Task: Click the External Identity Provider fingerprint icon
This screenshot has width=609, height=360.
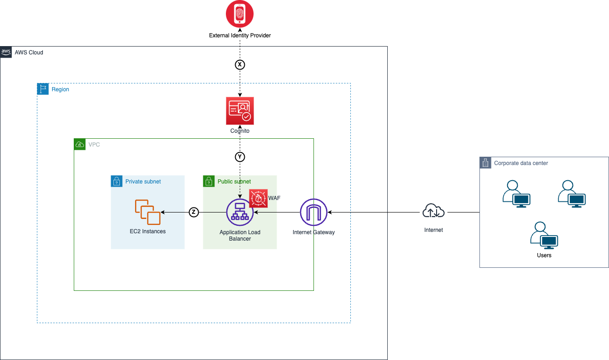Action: tap(240, 14)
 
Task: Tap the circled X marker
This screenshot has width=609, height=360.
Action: tap(240, 65)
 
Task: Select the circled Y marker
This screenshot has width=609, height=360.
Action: tap(240, 157)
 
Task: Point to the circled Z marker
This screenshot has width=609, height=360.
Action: tap(194, 212)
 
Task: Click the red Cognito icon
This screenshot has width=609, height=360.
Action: tap(240, 111)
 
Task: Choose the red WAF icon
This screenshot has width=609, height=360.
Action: tap(258, 198)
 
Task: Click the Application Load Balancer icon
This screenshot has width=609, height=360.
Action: tap(240, 212)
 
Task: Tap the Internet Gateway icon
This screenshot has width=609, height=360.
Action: tap(313, 212)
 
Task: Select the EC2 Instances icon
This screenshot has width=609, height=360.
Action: tap(148, 212)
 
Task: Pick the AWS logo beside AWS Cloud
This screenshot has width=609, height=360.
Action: tap(6, 52)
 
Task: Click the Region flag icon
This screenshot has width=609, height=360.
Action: tap(43, 89)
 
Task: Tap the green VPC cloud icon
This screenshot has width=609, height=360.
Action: tap(80, 144)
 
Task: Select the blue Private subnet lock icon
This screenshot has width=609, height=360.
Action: tap(117, 181)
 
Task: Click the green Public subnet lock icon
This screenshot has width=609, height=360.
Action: tap(209, 181)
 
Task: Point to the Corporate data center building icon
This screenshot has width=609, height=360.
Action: tap(485, 163)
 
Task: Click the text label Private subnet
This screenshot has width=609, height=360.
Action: tap(143, 182)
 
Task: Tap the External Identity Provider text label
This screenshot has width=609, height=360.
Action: tap(240, 35)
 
